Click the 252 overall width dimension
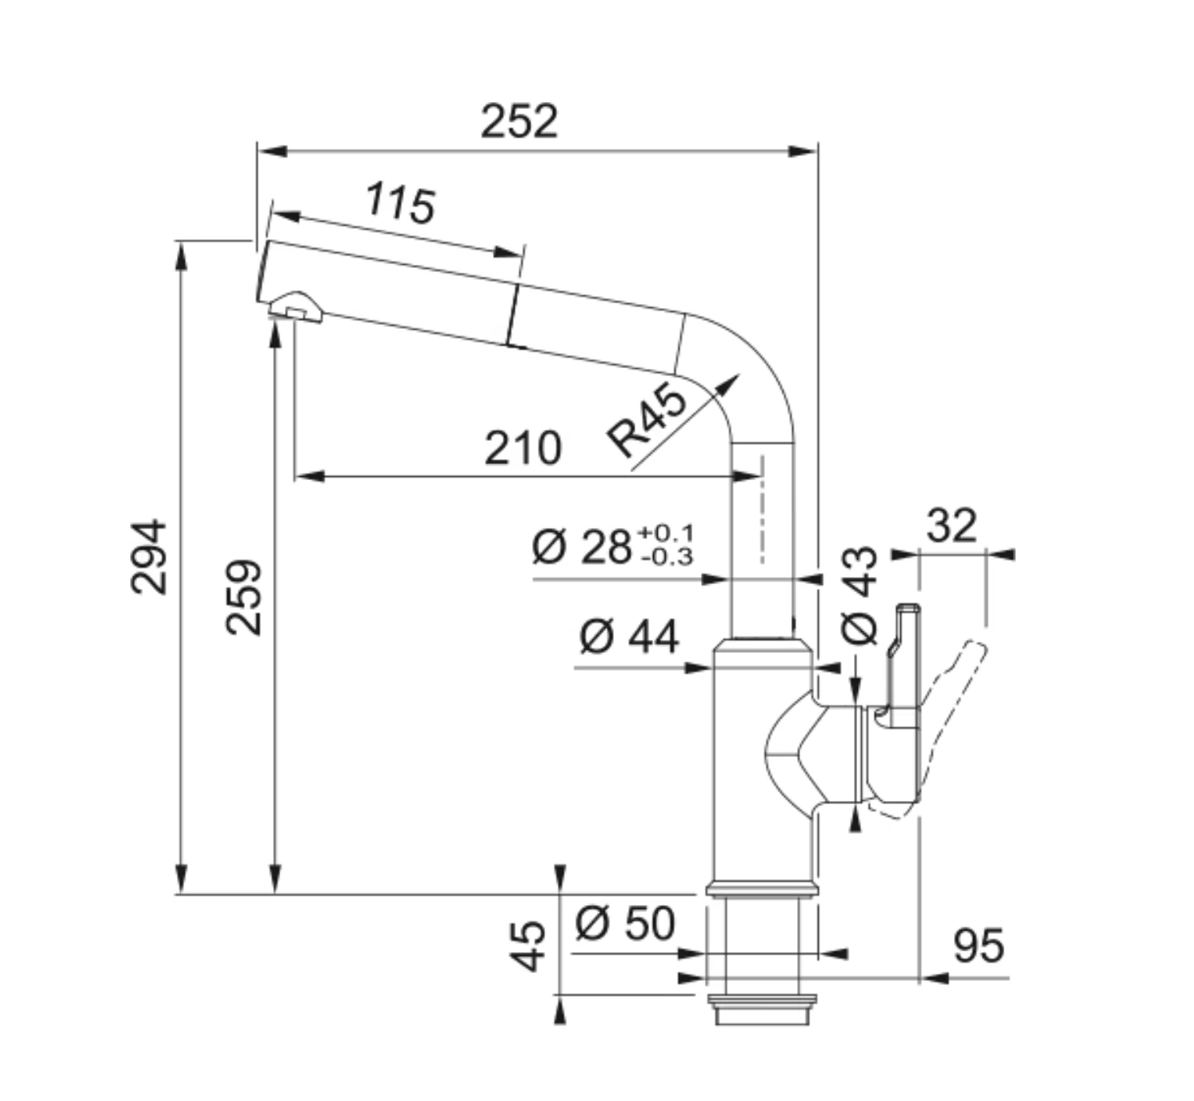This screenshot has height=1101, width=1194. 519,122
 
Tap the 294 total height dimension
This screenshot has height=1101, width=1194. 148,557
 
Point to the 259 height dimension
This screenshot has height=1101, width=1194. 243,598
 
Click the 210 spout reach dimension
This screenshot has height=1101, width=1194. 523,449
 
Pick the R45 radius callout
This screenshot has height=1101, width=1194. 647,420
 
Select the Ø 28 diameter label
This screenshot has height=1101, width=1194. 581,546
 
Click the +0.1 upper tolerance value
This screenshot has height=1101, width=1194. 666,533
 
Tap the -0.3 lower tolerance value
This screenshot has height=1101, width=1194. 667,558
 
